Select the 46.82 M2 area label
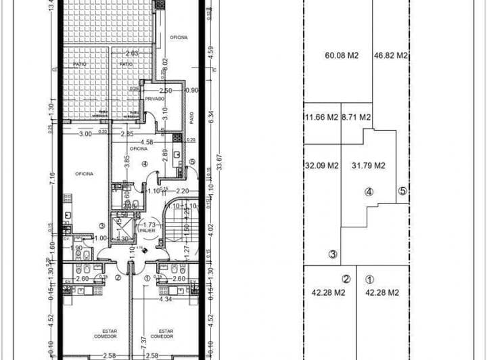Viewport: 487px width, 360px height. [x=391, y=56]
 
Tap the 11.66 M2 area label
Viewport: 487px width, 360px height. [x=321, y=117]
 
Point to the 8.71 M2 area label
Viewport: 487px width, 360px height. [x=356, y=117]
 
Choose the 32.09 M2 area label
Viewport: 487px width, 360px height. [x=322, y=165]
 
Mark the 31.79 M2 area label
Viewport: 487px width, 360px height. [x=369, y=165]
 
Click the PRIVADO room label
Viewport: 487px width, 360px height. [x=154, y=99]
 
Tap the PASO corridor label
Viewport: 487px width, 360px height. [x=192, y=118]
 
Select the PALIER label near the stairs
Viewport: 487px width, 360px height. [x=147, y=230]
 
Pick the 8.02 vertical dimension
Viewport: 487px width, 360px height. [x=164, y=65]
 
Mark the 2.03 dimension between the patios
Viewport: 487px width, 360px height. [x=132, y=53]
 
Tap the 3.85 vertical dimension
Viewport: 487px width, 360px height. [x=126, y=163]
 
